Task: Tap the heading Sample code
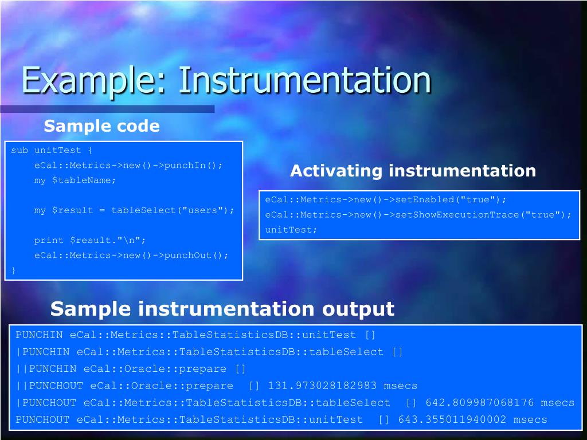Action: (x=101, y=126)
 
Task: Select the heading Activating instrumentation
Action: (x=413, y=171)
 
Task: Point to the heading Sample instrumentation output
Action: (x=222, y=309)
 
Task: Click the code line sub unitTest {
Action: (x=52, y=151)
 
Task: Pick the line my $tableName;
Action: (x=75, y=180)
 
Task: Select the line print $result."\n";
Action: (x=90, y=240)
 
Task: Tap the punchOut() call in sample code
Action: (x=195, y=256)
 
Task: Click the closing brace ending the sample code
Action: (x=14, y=270)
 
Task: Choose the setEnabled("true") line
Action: (x=386, y=200)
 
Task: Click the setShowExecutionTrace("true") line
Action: (x=418, y=215)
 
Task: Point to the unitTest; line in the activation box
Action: (x=291, y=230)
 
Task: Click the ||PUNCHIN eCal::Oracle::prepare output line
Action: (x=131, y=369)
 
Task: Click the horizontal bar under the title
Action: (x=107, y=109)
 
